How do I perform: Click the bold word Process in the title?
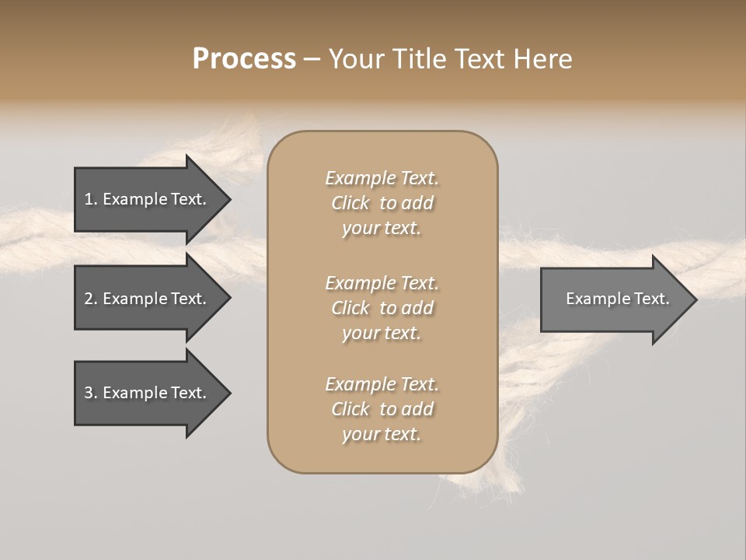244,59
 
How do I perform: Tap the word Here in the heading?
541,59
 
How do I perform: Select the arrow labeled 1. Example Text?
148,199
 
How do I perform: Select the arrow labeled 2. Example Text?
148,299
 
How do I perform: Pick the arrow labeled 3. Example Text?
148,393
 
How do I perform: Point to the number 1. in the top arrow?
91,199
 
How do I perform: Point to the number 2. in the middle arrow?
91,299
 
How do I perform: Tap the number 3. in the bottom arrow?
91,393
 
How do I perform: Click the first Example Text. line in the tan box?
382,178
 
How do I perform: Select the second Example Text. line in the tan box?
382,282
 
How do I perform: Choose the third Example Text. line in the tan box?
382,383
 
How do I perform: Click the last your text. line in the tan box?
382,435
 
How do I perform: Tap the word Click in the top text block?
350,203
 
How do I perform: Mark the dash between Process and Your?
312,59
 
